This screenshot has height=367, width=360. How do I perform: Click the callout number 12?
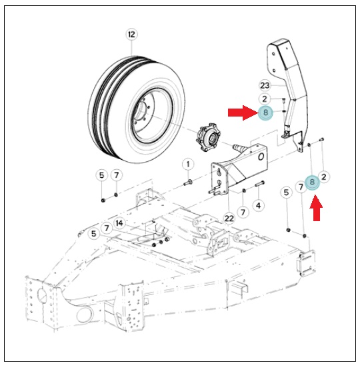pyautogui.click(x=131, y=35)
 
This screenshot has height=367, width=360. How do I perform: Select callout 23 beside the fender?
pyautogui.click(x=265, y=85)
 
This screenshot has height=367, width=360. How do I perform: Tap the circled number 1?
pyautogui.click(x=188, y=165)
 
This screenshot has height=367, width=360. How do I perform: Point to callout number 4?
pyautogui.click(x=258, y=206)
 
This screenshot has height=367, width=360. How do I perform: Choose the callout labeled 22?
pyautogui.click(x=229, y=218)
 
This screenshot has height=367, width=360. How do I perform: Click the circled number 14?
pyautogui.click(x=119, y=223)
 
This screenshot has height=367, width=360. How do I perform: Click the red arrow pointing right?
pyautogui.click(x=243, y=113)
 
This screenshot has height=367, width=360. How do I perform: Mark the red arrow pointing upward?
pyautogui.click(x=316, y=208)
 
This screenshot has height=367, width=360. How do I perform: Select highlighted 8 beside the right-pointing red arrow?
pyautogui.click(x=265, y=113)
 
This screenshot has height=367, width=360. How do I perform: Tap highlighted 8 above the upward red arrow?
pyautogui.click(x=312, y=182)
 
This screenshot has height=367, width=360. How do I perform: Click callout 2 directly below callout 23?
pyautogui.click(x=265, y=99)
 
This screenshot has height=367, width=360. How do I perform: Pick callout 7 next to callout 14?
pyautogui.click(x=107, y=228)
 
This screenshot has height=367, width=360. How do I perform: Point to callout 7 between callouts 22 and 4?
pyautogui.click(x=243, y=212)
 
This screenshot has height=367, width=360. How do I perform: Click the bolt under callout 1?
pyautogui.click(x=188, y=183)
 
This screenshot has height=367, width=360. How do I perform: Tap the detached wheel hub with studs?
pyautogui.click(x=208, y=137)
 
